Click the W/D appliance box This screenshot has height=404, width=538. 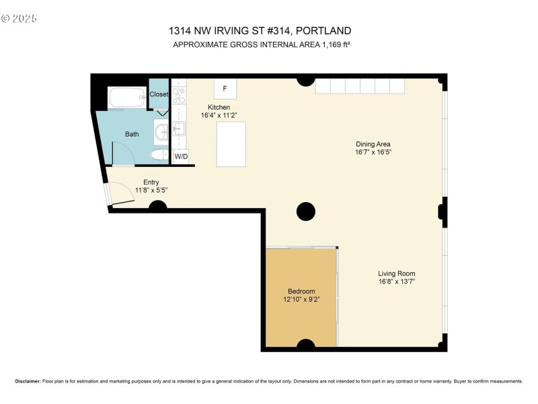pos(181,156)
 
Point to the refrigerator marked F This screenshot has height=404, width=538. pos(225,89)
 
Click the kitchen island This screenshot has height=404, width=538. pos(231,143)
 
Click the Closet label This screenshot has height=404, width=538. pos(159,94)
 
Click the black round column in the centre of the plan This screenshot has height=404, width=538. pos(306,211)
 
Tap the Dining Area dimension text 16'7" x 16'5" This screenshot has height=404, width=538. pos(373,153)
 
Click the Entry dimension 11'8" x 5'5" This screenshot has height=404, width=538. pos(151,191)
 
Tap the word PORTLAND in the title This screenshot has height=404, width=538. pos(323,31)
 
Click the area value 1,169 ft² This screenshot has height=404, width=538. pos(333,44)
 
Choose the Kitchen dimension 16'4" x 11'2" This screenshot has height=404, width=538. pos(219,116)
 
